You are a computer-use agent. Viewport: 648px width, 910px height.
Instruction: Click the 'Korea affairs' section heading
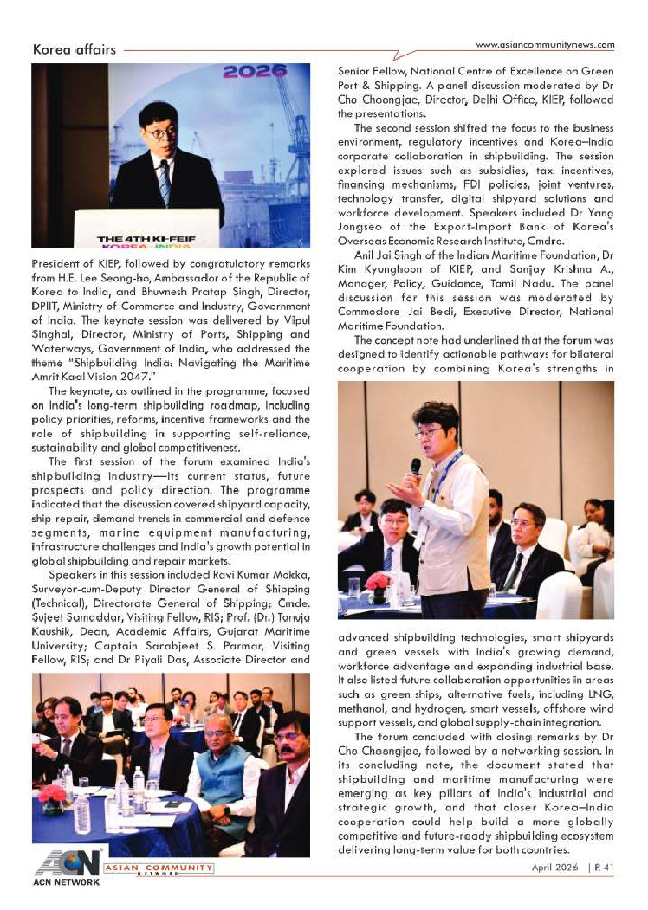[x=75, y=49]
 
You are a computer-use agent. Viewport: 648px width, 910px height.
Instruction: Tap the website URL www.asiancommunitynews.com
[x=546, y=45]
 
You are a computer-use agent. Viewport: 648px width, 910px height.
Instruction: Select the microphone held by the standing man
[x=416, y=468]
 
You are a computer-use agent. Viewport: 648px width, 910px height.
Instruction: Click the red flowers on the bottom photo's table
[x=52, y=793]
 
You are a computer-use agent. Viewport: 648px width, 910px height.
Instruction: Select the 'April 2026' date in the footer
[x=558, y=867]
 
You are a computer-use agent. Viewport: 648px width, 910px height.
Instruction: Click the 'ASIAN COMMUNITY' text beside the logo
[x=158, y=867]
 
